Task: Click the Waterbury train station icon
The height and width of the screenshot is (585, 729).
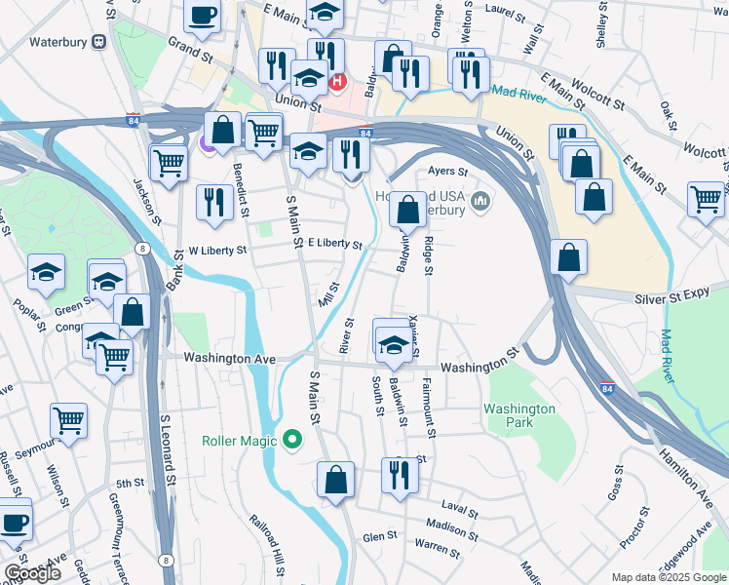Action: click(98, 42)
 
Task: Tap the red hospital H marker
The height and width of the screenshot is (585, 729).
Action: click(338, 81)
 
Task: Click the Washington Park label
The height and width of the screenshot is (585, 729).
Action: click(520, 416)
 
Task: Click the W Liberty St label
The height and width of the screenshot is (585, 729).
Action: click(217, 251)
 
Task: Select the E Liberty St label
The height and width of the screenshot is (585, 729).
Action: click(334, 244)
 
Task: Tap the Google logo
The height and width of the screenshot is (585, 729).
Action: click(33, 573)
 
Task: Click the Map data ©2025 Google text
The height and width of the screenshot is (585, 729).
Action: click(668, 577)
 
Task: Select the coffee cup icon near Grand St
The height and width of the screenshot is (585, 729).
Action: click(203, 16)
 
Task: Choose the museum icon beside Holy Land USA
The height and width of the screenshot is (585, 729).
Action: click(479, 202)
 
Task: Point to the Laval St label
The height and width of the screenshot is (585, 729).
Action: click(459, 510)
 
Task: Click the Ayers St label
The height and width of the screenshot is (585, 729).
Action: click(436, 171)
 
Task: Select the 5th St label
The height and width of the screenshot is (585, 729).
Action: click(130, 484)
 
